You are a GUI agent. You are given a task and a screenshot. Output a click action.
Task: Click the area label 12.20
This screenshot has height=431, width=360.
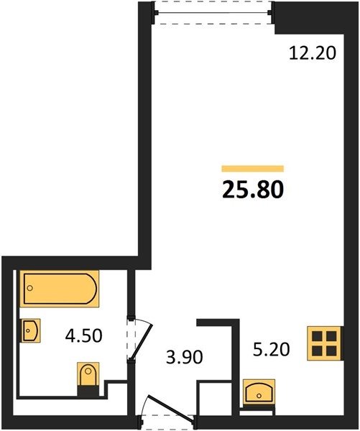tap(313, 53)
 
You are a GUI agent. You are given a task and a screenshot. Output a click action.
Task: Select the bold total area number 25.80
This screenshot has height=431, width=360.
tap(253, 190)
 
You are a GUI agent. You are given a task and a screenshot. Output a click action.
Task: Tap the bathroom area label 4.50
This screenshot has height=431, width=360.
tap(83, 335)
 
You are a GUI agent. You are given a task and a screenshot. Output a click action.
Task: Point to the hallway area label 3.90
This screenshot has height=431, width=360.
tap(185, 357)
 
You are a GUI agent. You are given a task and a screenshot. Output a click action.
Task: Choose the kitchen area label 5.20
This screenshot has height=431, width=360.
tap(271, 349)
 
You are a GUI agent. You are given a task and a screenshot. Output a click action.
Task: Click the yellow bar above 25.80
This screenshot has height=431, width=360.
tap(253, 169)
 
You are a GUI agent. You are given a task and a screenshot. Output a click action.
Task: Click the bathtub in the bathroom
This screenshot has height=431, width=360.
tap(60, 288)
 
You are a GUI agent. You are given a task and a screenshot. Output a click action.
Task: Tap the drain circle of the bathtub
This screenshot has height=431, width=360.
tap(30, 288)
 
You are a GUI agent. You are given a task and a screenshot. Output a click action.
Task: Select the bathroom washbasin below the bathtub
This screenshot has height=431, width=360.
tap(30, 330)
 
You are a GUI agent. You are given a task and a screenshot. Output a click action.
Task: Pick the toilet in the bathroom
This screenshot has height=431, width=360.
tap(88, 374)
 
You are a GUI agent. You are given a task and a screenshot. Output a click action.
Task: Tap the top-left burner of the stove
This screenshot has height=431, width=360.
tap(317, 336)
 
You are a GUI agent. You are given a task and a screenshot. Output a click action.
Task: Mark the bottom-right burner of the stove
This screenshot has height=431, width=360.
tap(332, 351)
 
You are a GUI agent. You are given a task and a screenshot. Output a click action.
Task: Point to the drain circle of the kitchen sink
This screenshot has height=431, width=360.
tap(259, 396)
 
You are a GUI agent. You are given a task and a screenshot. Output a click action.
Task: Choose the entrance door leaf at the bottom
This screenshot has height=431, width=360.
tap(170, 408)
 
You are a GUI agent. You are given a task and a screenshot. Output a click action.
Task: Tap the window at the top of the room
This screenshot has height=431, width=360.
tap(213, 12)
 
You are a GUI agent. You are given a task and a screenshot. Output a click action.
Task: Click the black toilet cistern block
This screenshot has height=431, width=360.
tap(88, 391)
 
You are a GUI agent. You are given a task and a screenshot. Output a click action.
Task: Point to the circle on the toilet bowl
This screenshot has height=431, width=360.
tap(88, 371)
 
